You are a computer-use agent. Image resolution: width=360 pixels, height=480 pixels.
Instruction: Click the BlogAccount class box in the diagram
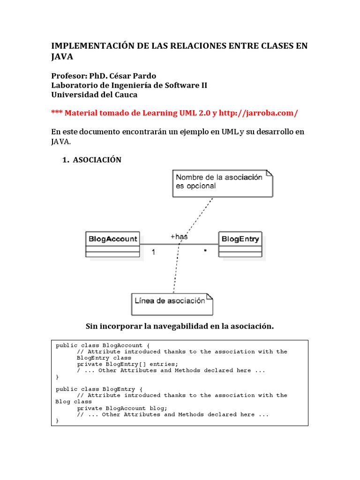[112, 243]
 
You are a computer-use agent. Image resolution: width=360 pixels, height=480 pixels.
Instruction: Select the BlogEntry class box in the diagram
[240, 243]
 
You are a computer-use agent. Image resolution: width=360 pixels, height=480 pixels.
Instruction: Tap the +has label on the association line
[179, 237]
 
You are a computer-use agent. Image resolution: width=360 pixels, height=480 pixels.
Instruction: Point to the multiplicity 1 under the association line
[153, 252]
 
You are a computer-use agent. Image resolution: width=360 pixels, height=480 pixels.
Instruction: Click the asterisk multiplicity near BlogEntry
[205, 252]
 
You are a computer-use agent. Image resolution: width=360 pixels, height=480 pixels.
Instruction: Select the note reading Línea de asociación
[171, 303]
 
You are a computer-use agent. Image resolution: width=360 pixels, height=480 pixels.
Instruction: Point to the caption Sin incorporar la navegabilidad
[179, 326]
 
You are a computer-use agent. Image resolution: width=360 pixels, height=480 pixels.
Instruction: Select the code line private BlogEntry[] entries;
[127, 364]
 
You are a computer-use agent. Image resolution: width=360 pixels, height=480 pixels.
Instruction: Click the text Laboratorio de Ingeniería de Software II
[129, 85]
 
